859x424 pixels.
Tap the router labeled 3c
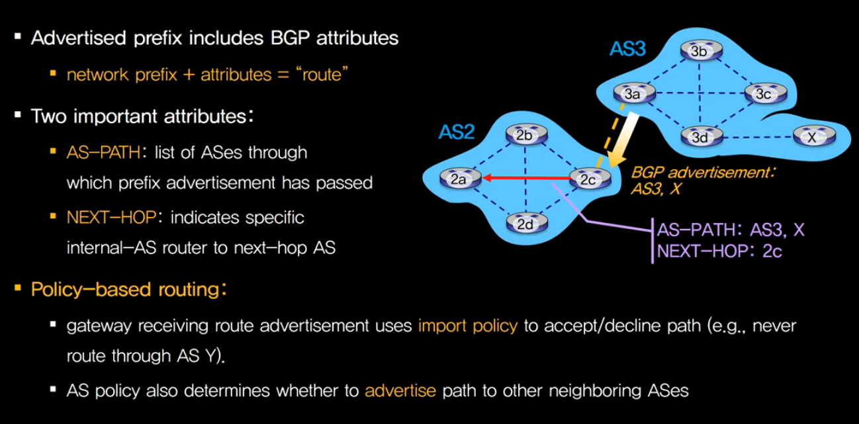pos(762,94)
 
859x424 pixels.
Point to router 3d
pos(699,137)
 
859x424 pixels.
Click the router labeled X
pos(811,137)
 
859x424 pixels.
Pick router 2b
pos(524,136)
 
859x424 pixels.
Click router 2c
pos(586,177)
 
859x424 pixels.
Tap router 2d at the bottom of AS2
pos(524,224)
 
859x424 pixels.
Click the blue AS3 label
pos(627,50)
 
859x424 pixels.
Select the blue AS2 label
pos(457,132)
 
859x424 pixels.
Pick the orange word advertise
pos(400,390)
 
